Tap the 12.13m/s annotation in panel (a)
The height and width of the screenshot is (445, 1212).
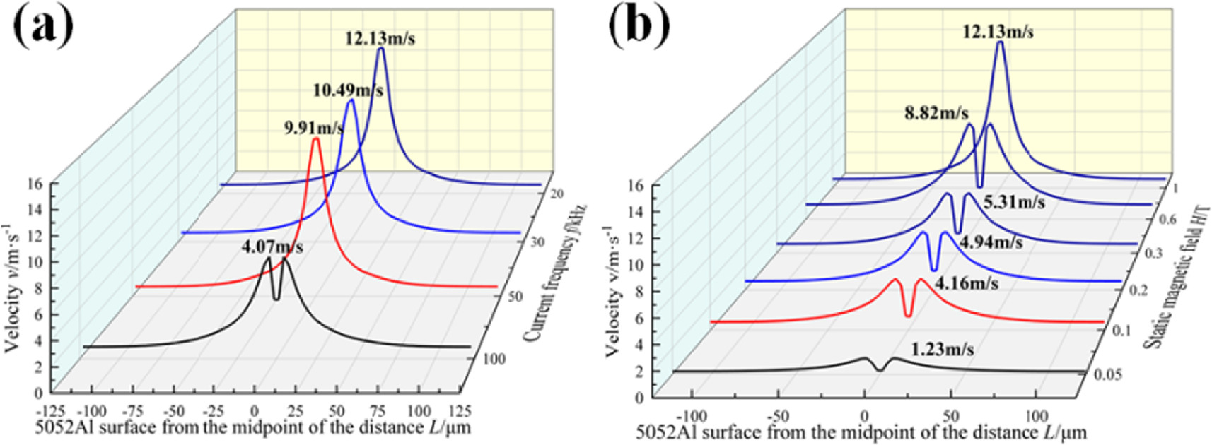pos(380,38)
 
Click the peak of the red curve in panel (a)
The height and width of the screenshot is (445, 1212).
pos(315,140)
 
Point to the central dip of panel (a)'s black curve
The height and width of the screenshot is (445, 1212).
pos(276,298)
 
